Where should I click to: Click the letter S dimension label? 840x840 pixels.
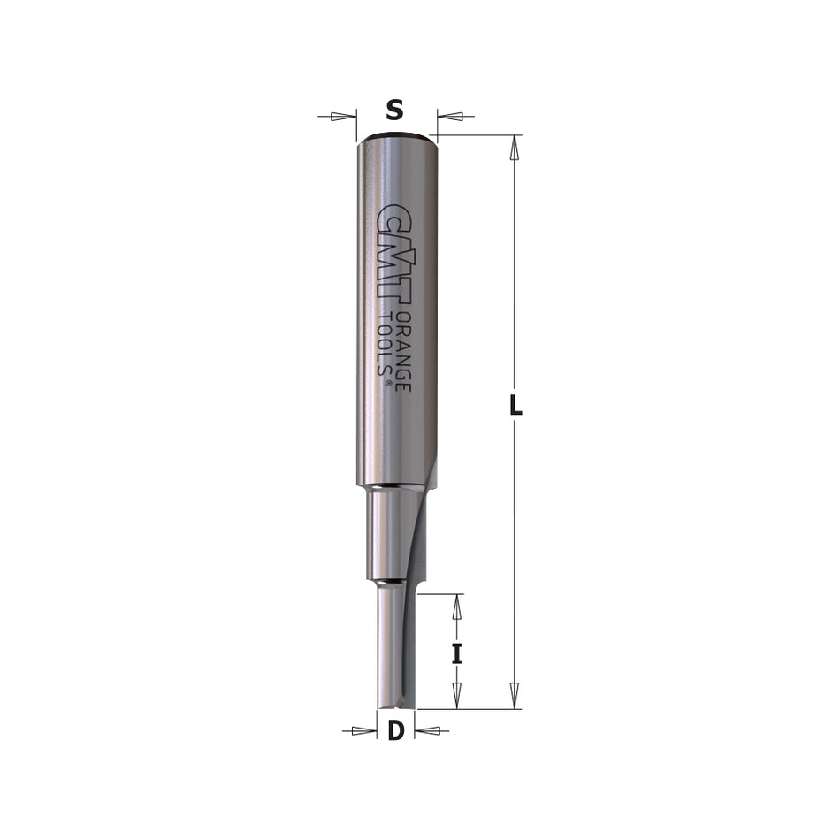point(395,111)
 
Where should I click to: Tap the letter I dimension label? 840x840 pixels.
point(456,653)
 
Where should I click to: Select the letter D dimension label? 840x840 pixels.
point(396,731)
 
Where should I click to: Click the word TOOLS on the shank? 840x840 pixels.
point(385,341)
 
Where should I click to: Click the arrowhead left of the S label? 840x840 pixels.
point(344,116)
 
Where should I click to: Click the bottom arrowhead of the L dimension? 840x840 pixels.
point(513,695)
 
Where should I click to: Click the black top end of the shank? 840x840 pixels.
point(394,136)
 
